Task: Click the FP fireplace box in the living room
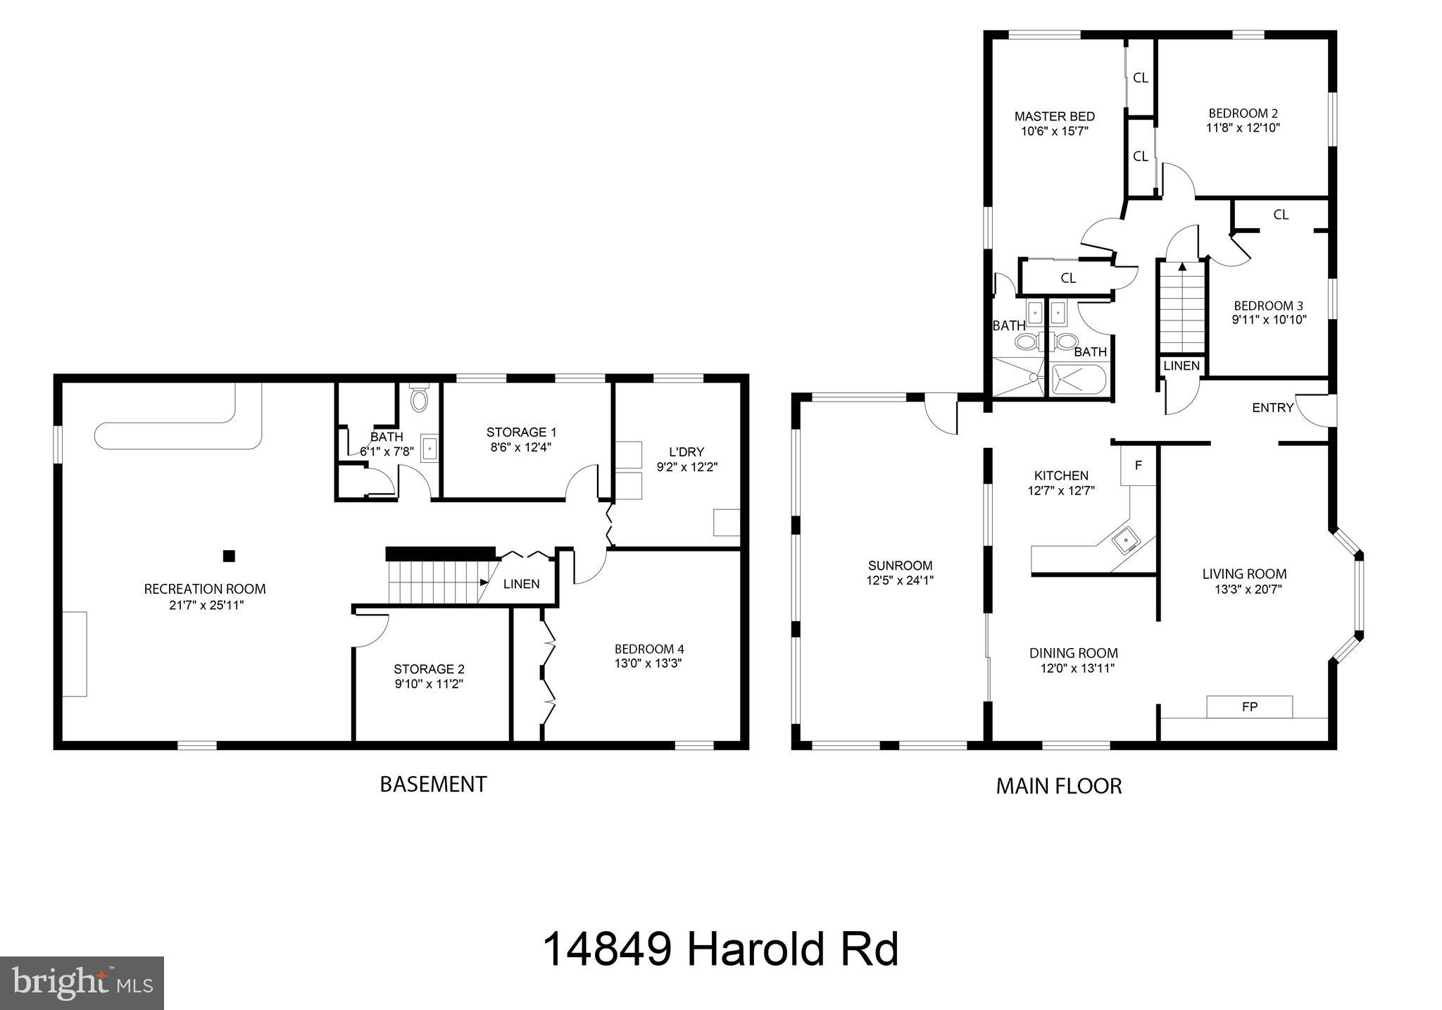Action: coord(1249,706)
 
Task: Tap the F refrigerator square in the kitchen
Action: coord(1139,466)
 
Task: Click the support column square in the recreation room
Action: coord(228,556)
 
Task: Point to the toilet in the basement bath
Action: coord(419,399)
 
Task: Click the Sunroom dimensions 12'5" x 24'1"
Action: coord(900,581)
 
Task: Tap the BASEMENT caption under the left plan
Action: coord(433,784)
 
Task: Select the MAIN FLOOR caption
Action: coord(1058,786)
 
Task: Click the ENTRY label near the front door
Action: coord(1272,408)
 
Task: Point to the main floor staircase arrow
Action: coord(1182,267)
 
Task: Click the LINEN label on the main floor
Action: coord(1181,366)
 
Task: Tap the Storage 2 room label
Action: coord(429,669)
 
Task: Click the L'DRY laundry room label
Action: coord(686,452)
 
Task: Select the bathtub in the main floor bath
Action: coord(1078,380)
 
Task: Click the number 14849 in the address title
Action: coord(606,949)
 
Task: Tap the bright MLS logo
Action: coord(82,983)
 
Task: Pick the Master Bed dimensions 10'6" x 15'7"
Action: coord(1055,131)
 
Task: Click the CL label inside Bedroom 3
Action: coord(1281,215)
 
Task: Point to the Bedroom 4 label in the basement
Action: coord(648,649)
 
